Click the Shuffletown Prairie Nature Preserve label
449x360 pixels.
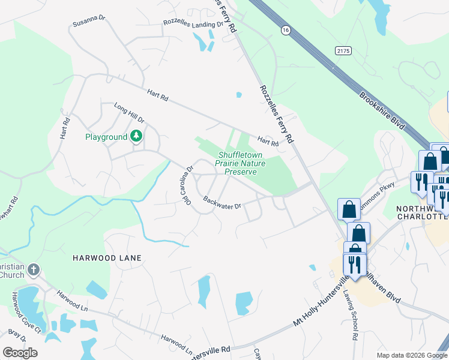pos(240,163)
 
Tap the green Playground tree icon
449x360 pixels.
pos(136,137)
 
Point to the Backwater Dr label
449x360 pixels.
pos(221,203)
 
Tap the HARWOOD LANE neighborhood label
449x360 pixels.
pos(107,258)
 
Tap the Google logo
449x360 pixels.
pos(20,353)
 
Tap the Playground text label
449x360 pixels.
pos(106,137)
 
